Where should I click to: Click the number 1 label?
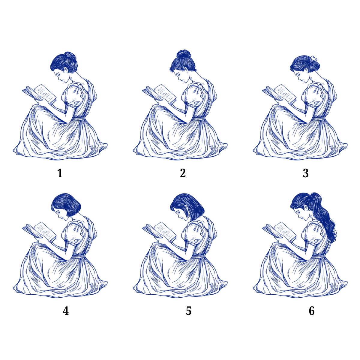pos(60,173)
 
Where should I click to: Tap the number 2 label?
pos(183,173)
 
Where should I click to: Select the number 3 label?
pos(306,173)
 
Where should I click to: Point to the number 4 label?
pos(66,311)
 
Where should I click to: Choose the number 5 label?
pos(189,311)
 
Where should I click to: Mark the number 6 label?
pos(312,311)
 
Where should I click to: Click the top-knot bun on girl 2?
pos(184,54)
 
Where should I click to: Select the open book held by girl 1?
pos(39,94)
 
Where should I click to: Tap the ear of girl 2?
pos(186,70)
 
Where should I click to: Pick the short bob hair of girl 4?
pos(66,205)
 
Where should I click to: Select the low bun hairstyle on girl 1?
pos(64,62)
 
